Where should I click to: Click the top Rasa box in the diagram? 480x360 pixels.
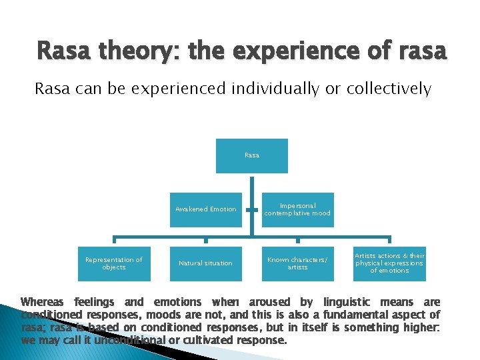pyautogui.click(x=252, y=155)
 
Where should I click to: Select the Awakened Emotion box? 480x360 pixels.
pyautogui.click(x=205, y=209)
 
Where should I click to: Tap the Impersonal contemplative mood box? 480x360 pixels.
pyautogui.click(x=297, y=209)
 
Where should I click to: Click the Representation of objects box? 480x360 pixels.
pyautogui.click(x=113, y=263)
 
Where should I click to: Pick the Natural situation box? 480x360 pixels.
pyautogui.click(x=205, y=263)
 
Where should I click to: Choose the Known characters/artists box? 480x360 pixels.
pyautogui.click(x=297, y=263)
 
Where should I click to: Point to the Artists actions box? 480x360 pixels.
pyautogui.click(x=390, y=263)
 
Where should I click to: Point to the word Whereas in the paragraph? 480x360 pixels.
pyautogui.click(x=43, y=302)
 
